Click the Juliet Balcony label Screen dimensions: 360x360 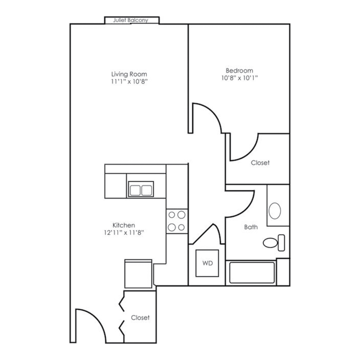[131, 20]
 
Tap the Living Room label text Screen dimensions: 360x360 [129, 74]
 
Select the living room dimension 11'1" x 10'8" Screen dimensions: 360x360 [129, 81]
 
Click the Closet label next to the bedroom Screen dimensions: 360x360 [260, 163]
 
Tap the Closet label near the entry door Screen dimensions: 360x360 [140, 318]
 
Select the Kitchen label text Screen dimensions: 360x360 [123, 225]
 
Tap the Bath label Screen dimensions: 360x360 [251, 227]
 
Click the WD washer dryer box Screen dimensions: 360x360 [207, 263]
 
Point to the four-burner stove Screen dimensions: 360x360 [177, 221]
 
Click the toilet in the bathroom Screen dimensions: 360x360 [273, 242]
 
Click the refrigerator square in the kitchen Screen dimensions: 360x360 [138, 274]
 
